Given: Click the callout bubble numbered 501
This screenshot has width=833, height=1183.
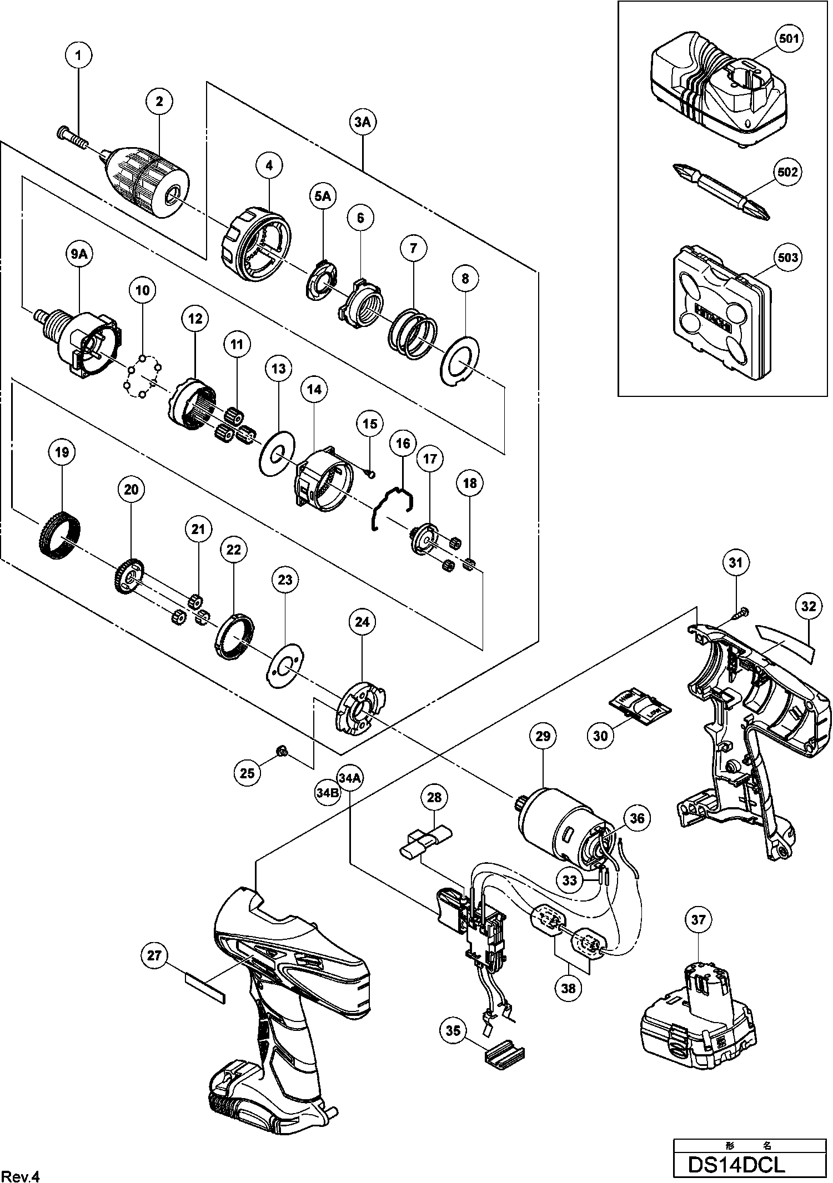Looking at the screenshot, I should point(789,38).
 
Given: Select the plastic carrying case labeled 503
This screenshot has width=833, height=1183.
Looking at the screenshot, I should point(716,316).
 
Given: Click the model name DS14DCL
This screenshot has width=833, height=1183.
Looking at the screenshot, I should point(736,1162).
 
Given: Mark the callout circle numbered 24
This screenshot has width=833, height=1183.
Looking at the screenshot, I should point(362,622).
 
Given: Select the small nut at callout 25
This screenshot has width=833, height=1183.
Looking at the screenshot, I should point(281,752).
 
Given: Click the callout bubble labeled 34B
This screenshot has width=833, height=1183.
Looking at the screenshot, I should point(327,793).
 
